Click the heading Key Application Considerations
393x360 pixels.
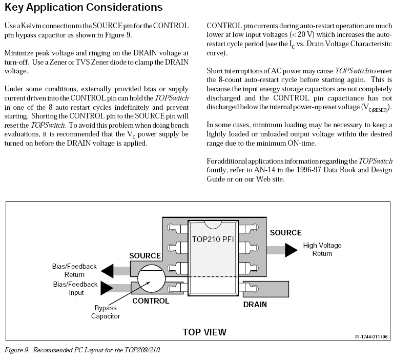(x=84, y=8)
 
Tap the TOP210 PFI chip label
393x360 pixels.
(x=213, y=239)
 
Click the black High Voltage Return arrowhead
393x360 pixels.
(x=291, y=250)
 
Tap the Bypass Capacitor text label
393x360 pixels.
(x=106, y=312)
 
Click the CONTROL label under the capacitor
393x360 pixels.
(x=151, y=301)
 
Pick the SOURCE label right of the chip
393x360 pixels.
(x=285, y=233)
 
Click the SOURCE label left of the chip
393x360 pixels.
(x=145, y=255)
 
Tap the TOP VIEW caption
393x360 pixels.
(x=204, y=332)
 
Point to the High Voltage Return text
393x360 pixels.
(x=322, y=249)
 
